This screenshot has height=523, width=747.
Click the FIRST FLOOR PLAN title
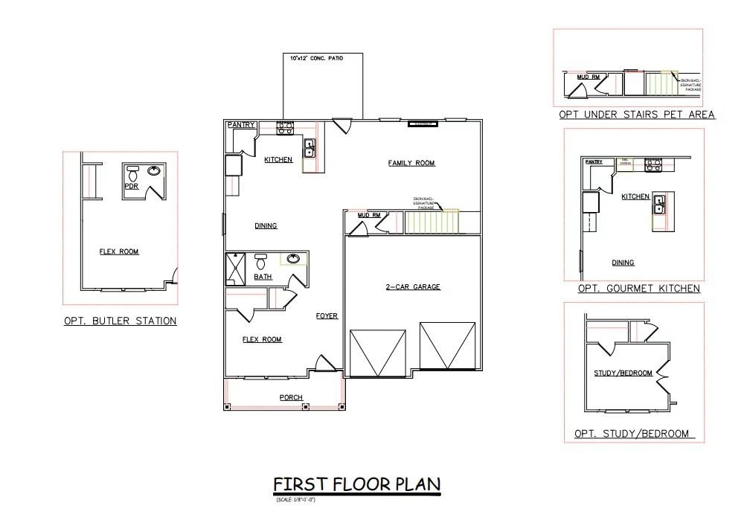357,484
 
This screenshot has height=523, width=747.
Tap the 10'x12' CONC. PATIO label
322,57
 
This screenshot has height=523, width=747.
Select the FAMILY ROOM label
411,163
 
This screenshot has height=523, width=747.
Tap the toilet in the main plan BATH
260,262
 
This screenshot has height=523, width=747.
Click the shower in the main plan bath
237,269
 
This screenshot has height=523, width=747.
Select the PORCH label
291,397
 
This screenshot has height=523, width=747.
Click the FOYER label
327,316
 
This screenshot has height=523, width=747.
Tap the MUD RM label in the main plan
369,216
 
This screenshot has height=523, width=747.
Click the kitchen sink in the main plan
310,147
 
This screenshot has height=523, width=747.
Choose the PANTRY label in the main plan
242,125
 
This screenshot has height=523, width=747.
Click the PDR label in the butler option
132,187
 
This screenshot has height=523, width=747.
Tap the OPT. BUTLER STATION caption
120,321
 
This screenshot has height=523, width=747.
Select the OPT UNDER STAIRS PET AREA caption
637,115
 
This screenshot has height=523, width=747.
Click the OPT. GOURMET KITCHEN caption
638,288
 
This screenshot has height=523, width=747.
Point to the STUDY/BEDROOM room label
623,373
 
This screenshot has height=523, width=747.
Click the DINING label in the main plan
266,225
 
